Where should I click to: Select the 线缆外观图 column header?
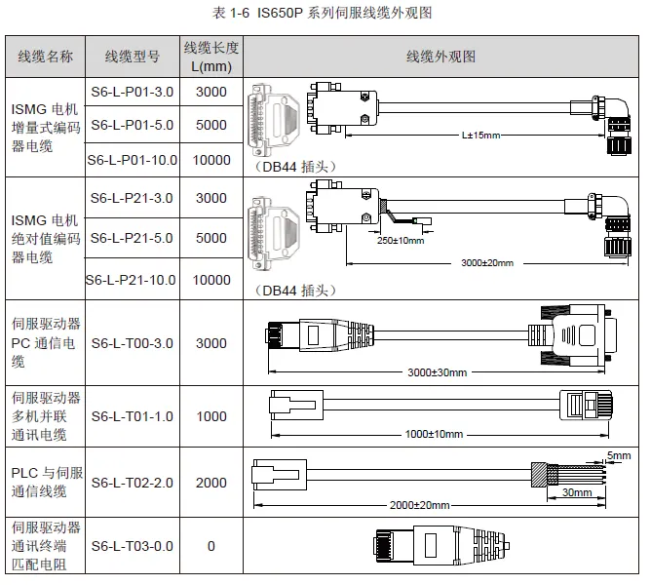(x=440, y=57)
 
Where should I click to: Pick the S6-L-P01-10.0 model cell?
(x=132, y=160)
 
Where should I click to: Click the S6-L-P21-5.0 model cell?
(x=132, y=238)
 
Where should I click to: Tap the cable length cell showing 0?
(x=211, y=546)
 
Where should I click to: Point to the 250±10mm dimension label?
(x=401, y=240)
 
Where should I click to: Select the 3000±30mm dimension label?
(x=437, y=372)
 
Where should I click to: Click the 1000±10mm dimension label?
(x=433, y=433)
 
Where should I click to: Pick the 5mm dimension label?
(x=618, y=455)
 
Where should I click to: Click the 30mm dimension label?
(x=577, y=493)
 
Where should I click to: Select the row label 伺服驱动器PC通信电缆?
(x=45, y=342)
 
